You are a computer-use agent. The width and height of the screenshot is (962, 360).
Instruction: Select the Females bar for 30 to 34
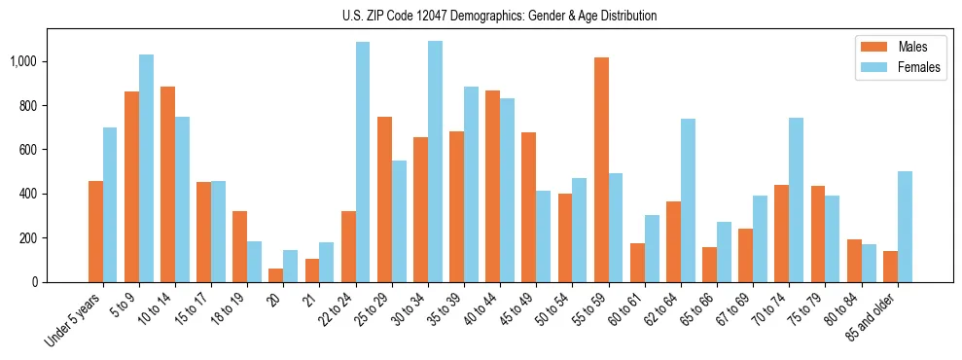[x=435, y=162]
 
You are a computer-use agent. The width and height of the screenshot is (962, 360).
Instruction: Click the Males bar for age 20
[x=276, y=275]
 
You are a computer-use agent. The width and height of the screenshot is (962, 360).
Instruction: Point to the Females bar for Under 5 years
[x=110, y=205]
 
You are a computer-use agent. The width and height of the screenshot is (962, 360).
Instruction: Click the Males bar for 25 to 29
[x=384, y=199]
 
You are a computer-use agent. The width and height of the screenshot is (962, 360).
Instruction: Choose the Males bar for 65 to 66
[x=709, y=265]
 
